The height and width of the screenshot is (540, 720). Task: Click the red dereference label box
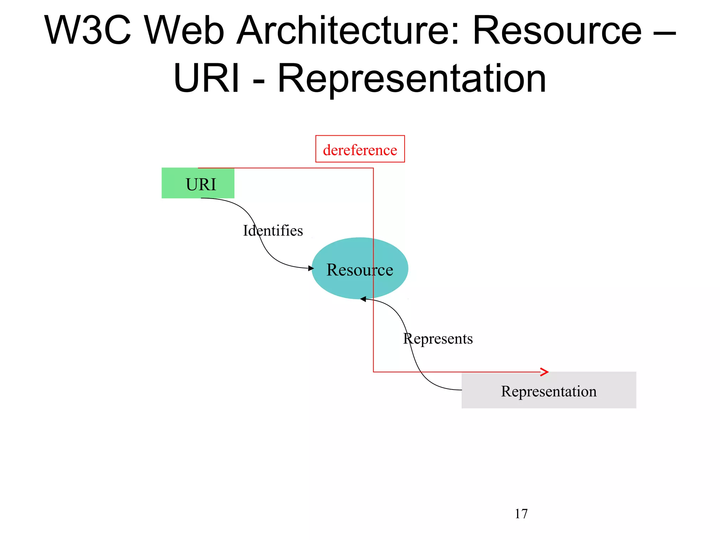click(360, 149)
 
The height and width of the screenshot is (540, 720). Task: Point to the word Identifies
click(273, 231)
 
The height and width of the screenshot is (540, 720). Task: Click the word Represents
click(438, 339)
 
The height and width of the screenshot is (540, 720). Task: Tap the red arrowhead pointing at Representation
click(545, 372)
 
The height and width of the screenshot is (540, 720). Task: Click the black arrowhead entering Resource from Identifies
click(311, 268)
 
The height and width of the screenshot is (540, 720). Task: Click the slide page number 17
click(521, 514)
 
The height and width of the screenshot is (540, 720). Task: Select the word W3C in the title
click(88, 31)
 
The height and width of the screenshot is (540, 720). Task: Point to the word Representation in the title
click(412, 79)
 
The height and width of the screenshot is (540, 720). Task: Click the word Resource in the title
click(557, 31)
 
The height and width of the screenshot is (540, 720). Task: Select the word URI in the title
click(207, 79)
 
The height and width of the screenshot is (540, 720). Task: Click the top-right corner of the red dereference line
click(373, 168)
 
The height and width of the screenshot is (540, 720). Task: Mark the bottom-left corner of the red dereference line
click(373, 372)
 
